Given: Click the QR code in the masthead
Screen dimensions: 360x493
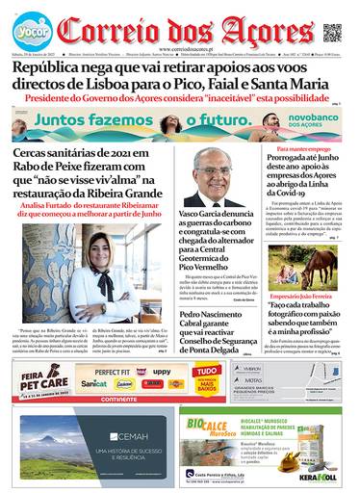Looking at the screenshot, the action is coord(332,33).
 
